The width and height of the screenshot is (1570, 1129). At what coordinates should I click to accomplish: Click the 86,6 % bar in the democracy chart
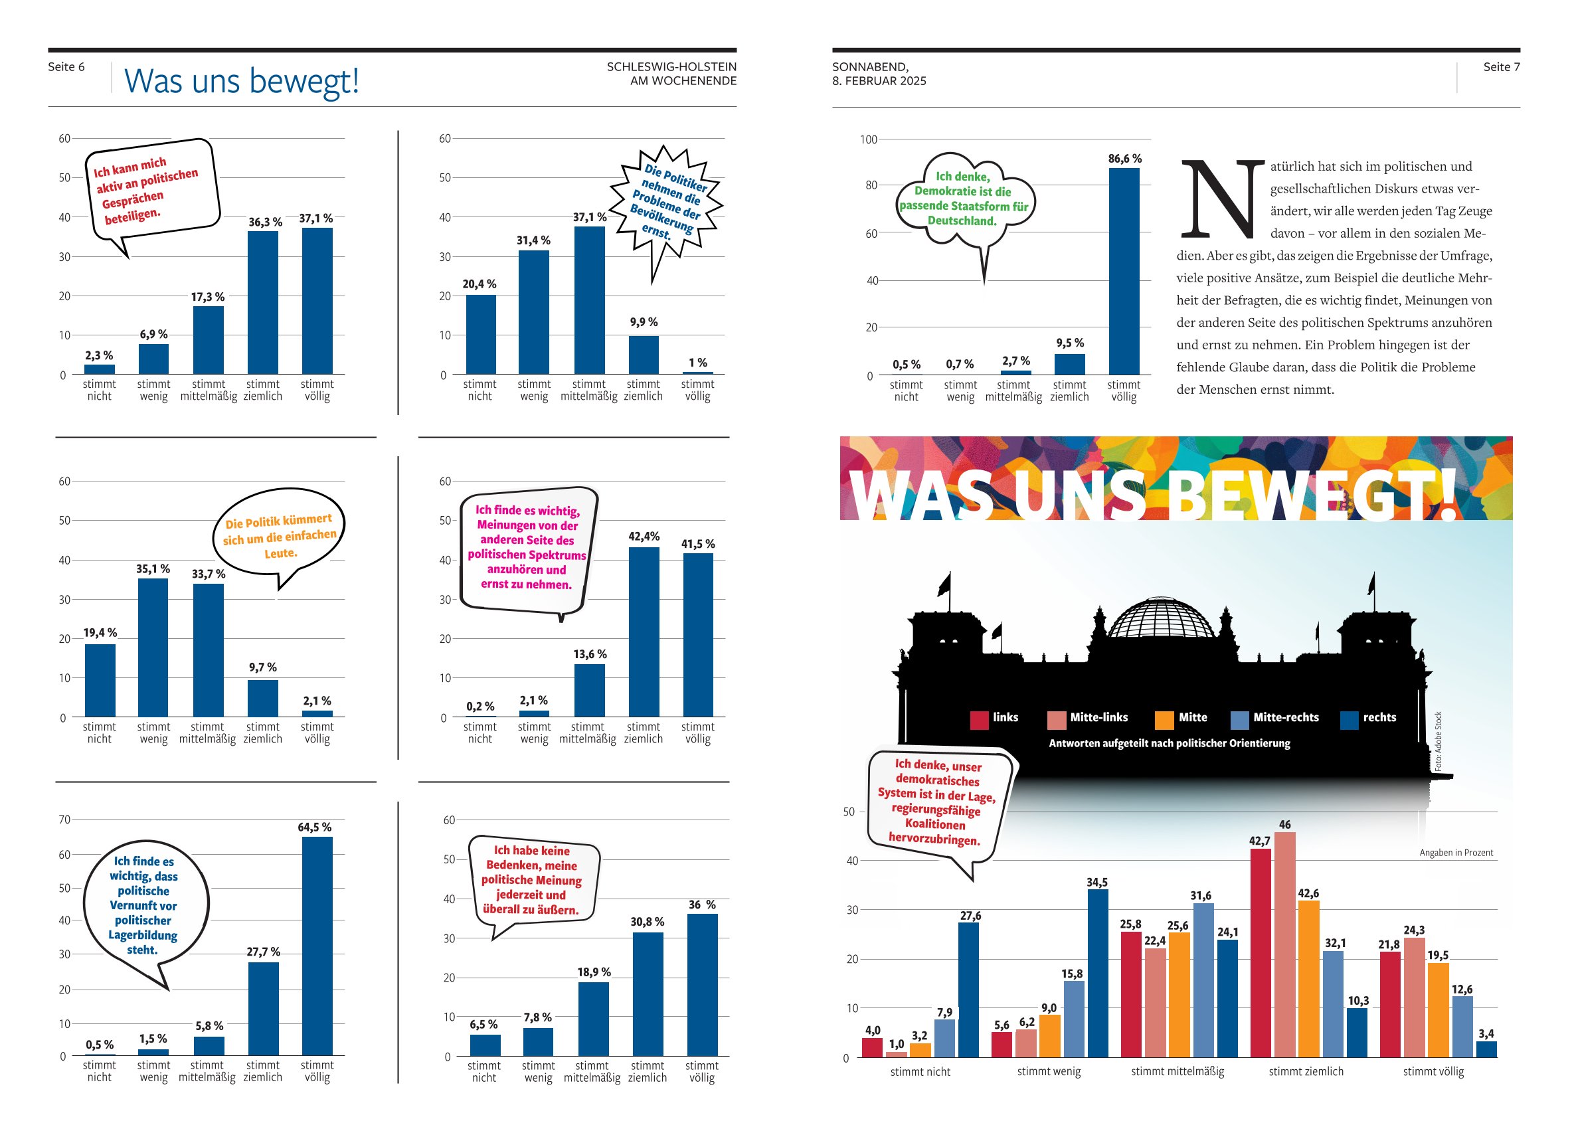[x=1124, y=271]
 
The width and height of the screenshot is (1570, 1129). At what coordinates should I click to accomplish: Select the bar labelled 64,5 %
[x=317, y=946]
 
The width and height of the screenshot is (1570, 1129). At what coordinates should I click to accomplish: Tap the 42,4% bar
[x=644, y=632]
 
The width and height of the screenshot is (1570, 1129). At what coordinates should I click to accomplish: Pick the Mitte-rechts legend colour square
[x=1239, y=720]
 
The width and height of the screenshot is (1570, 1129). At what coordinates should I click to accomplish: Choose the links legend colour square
[x=979, y=720]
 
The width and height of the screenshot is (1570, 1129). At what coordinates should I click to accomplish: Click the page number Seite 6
[x=66, y=66]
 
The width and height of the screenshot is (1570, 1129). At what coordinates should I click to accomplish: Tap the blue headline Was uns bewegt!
[x=242, y=80]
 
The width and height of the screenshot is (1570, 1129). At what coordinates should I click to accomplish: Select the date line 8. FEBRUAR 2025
[x=879, y=81]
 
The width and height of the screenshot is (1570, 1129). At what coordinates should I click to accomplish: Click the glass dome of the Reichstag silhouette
[x=1161, y=618]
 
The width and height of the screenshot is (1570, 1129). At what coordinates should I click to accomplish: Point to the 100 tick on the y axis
[x=868, y=140]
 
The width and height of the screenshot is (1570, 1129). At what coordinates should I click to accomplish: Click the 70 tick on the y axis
[x=64, y=819]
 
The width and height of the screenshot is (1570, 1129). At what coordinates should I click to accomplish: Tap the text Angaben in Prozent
[x=1456, y=852]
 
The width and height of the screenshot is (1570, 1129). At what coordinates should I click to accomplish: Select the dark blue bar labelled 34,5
[x=1097, y=972]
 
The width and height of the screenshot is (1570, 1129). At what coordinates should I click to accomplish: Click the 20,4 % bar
[x=480, y=334]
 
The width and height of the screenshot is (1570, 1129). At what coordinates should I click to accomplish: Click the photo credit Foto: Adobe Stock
[x=1438, y=740]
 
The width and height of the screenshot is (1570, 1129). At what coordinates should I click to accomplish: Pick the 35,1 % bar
[x=153, y=647]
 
